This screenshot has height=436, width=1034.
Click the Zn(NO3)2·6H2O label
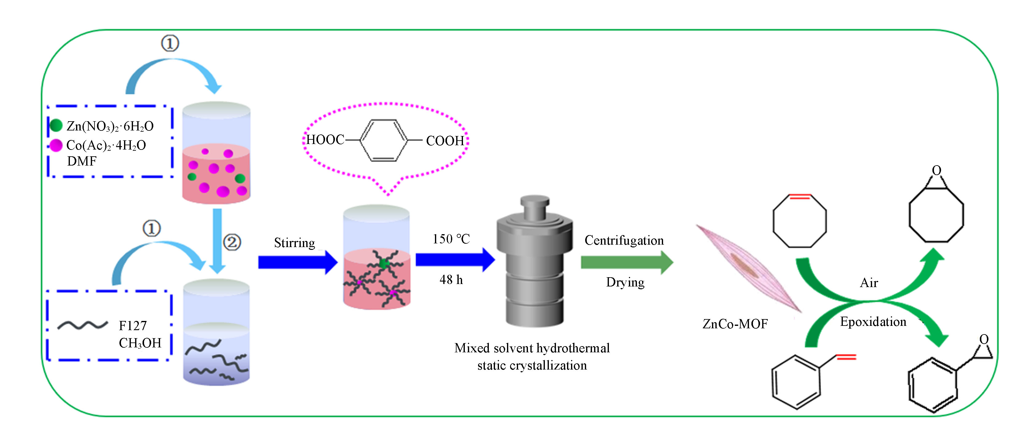coord(110,126)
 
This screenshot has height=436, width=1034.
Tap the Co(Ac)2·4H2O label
coord(106,145)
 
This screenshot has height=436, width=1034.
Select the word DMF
coord(82,161)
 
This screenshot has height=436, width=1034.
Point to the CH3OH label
coord(140,343)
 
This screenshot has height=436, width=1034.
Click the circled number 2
coord(232,242)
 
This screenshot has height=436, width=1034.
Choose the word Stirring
coord(294,243)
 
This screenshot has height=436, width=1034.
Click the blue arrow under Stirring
coord(297,262)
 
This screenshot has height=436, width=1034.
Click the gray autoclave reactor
coord(534,263)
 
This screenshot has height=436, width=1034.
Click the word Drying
coord(625,282)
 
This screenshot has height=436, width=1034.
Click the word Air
coord(869,283)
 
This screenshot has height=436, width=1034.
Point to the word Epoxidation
coord(873,322)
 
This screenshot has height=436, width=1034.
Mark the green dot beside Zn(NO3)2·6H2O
coord(56,126)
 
